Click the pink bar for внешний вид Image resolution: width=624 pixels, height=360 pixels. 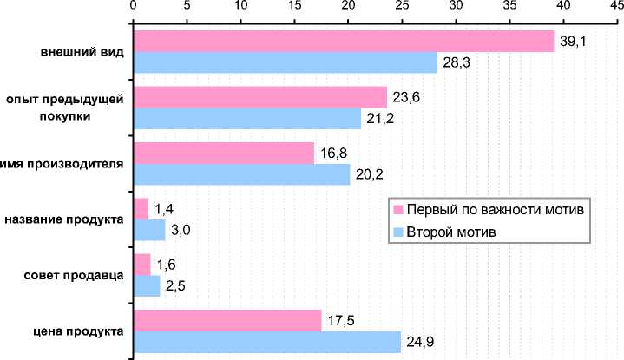pos(343,41)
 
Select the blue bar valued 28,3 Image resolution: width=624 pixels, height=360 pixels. pos(285,62)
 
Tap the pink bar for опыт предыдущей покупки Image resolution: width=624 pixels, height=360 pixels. pos(259,96)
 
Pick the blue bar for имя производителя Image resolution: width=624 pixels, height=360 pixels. pos(241,174)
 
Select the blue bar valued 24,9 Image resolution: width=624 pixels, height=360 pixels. pos(266,342)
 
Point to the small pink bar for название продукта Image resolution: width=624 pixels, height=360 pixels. pos(141,208)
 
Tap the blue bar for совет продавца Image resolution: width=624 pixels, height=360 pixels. pos(146,285)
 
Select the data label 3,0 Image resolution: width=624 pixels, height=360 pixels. pos(179,230)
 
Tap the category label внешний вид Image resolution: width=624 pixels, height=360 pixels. pos(82,51)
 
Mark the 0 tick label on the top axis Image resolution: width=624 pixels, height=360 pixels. pos(133,7)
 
